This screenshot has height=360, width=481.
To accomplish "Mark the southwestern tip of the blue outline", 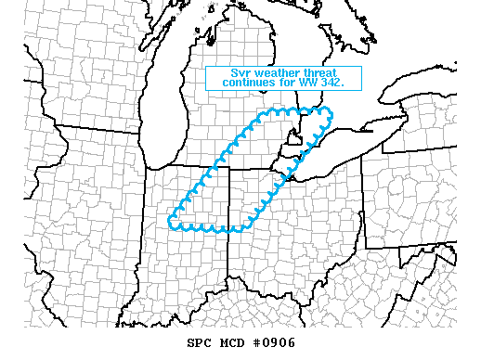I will click(171, 222).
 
